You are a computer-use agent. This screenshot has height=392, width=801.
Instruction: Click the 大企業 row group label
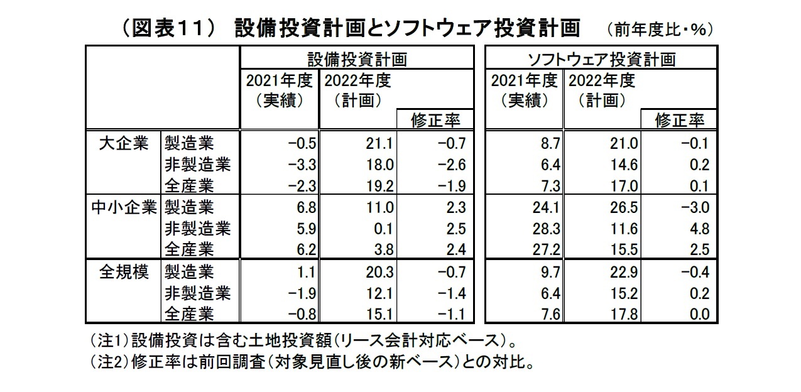124,143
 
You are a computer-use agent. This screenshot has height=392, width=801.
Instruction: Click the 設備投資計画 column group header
356,59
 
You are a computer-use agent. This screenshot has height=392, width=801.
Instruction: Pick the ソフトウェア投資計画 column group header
601,59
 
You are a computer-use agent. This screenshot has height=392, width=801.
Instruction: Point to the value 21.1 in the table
379,144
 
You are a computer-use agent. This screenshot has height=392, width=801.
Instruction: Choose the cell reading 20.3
379,273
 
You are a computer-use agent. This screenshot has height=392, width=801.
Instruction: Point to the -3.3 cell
300,165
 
